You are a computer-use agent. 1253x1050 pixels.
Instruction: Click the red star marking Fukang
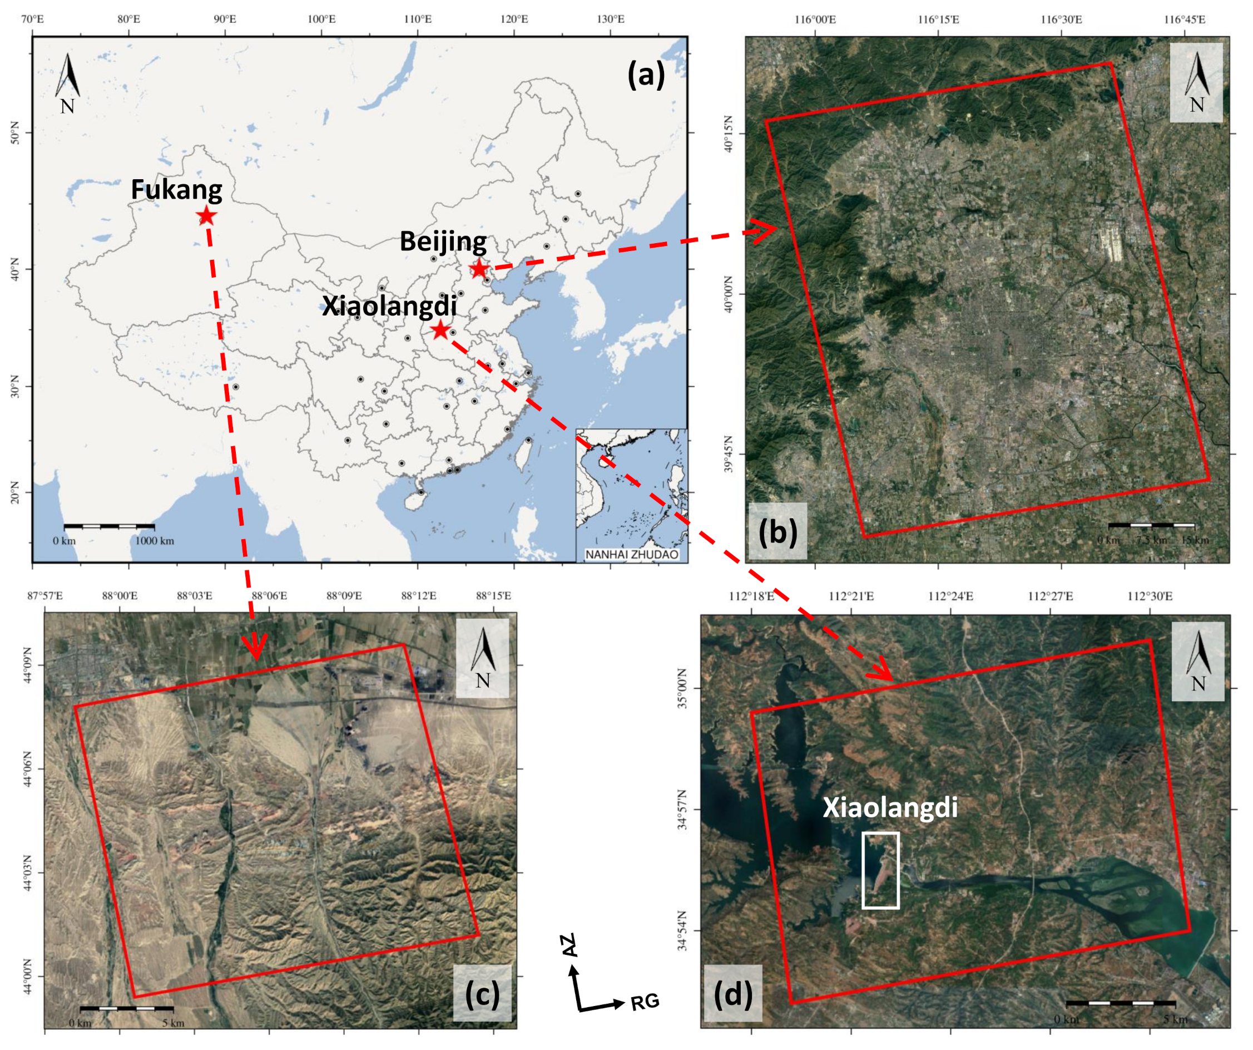click(206, 215)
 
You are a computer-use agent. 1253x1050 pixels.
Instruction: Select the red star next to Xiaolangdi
click(440, 329)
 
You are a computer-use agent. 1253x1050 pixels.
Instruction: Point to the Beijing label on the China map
click(443, 241)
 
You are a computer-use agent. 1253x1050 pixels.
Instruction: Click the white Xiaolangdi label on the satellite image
click(890, 807)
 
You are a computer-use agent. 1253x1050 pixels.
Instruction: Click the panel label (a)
click(646, 76)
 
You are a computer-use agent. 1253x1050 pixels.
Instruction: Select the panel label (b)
click(777, 531)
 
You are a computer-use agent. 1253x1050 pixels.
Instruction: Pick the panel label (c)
click(482, 994)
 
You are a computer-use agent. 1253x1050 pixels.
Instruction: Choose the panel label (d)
click(732, 994)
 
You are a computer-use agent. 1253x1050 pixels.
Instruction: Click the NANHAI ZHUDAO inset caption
click(632, 555)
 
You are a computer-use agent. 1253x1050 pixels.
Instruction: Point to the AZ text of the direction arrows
click(570, 945)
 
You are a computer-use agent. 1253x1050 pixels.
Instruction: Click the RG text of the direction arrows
click(645, 1002)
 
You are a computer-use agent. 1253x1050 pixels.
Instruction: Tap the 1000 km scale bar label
click(155, 541)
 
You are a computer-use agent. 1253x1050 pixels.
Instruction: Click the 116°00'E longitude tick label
click(815, 19)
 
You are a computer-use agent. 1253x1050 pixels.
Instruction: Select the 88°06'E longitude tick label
click(269, 596)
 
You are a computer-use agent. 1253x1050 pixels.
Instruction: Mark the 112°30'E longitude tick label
click(1150, 597)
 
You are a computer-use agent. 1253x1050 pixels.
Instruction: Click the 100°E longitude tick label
click(321, 19)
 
